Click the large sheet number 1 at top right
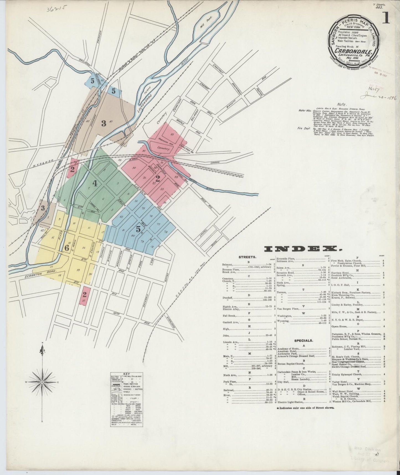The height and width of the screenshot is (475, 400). (386, 19)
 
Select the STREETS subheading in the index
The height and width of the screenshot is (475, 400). (247, 257)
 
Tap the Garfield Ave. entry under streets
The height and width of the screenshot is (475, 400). (231, 322)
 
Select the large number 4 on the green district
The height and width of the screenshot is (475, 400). (95, 183)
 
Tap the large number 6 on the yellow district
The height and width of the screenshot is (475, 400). (66, 248)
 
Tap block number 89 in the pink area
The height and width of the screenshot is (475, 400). (172, 134)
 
